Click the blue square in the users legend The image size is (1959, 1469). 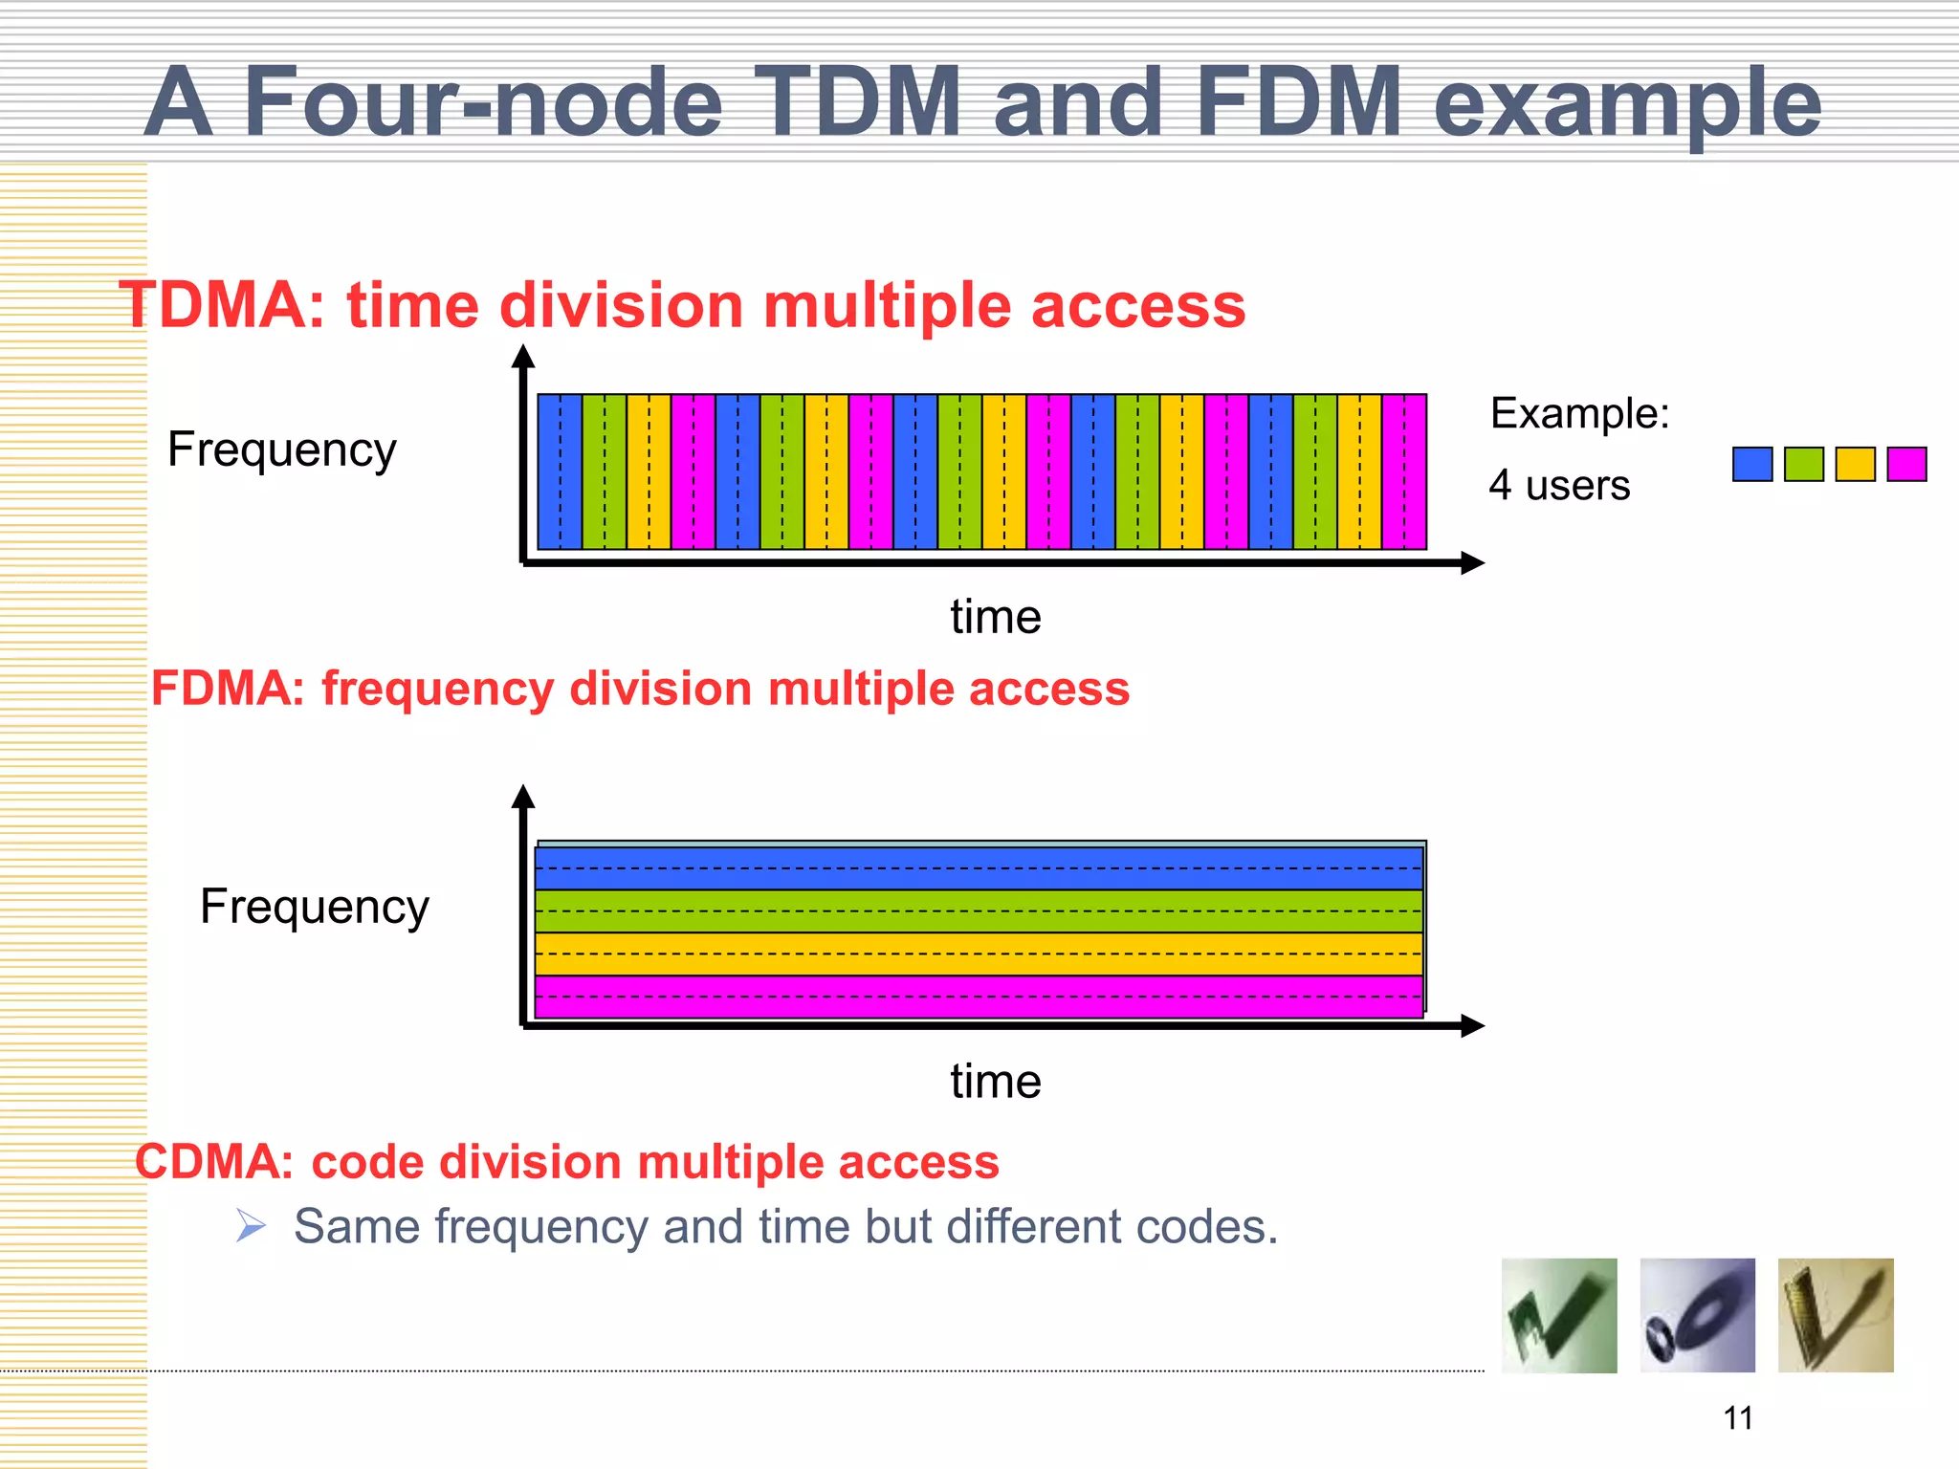pyautogui.click(x=1752, y=465)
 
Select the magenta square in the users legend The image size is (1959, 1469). pyautogui.click(x=1906, y=465)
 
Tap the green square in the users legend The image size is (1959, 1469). pyautogui.click(x=1804, y=465)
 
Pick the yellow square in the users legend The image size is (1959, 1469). pyautogui.click(x=1855, y=465)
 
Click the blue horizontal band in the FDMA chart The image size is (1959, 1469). pyautogui.click(x=979, y=868)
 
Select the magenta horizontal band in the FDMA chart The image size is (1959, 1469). pyautogui.click(x=979, y=997)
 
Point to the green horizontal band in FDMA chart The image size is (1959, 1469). pyautogui.click(x=979, y=910)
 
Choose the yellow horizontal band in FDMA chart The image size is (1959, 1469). pyautogui.click(x=979, y=954)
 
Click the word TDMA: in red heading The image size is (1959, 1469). pyautogui.click(x=222, y=306)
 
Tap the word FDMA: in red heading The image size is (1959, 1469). pyautogui.click(x=228, y=689)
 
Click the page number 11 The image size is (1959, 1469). pyautogui.click(x=1738, y=1417)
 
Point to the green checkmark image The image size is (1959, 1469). pyautogui.click(x=1559, y=1316)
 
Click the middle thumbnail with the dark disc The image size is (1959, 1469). pyautogui.click(x=1697, y=1316)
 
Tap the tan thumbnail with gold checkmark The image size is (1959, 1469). pyautogui.click(x=1836, y=1316)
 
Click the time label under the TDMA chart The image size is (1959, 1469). pyautogui.click(x=995, y=617)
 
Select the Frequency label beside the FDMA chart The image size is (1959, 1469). pyautogui.click(x=314, y=907)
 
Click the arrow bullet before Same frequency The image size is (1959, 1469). pyautogui.click(x=251, y=1225)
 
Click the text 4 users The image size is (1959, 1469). pyautogui.click(x=1559, y=486)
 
